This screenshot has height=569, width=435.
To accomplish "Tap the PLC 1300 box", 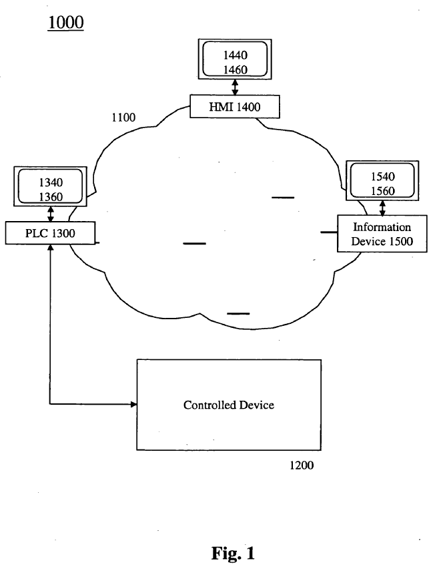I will [x=51, y=233].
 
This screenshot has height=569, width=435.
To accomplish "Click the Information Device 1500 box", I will [x=382, y=234].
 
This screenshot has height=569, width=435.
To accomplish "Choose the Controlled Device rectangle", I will [x=229, y=405].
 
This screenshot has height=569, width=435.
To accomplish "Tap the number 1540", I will [x=382, y=178].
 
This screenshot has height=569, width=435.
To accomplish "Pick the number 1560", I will [x=382, y=191].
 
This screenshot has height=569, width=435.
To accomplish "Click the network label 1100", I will [x=123, y=118].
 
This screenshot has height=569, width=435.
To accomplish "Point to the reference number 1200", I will [x=301, y=465].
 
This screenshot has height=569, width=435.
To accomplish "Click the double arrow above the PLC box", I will [x=51, y=214].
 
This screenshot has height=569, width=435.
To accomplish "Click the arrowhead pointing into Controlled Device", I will [x=133, y=404].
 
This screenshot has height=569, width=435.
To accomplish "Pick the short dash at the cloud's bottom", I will [x=238, y=313].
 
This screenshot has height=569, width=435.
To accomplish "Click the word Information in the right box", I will [x=382, y=227].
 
